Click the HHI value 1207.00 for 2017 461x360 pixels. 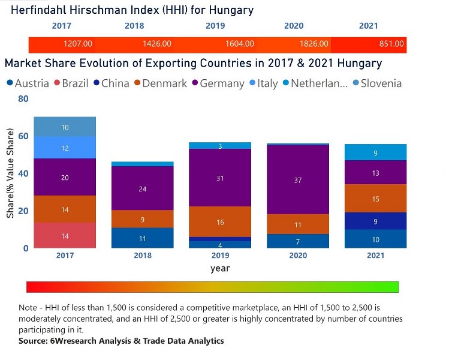point(78,44)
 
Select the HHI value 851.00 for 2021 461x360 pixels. point(391,44)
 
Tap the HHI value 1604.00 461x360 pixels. point(240,44)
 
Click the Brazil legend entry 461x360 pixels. point(74,83)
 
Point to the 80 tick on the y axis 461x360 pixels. point(23,99)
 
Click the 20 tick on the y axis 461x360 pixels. point(23,211)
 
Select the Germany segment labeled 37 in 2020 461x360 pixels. point(298,180)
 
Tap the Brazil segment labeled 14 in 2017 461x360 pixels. point(65,236)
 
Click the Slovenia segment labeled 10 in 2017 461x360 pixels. point(65,127)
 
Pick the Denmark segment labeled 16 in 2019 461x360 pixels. point(220,222)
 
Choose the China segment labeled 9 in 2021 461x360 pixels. point(375,221)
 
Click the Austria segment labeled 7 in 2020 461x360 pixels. point(298,241)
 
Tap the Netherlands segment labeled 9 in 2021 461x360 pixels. point(375,153)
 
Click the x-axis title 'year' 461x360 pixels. point(220,268)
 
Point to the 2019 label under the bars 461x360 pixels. point(220,255)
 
